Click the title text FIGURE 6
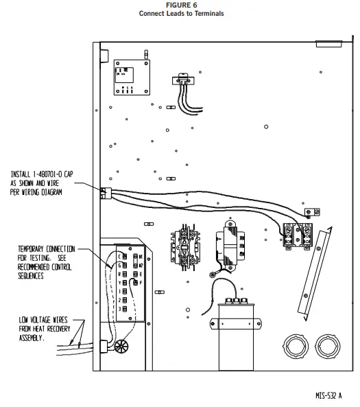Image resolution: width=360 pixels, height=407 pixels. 181,5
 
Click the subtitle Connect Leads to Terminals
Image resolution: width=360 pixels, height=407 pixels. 181,13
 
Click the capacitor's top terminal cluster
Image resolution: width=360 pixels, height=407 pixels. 236,301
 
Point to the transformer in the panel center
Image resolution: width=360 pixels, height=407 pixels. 230,245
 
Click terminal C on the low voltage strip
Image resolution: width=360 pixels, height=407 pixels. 121,256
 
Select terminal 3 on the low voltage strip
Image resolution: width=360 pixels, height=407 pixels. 121,310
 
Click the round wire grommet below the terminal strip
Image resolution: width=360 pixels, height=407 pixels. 122,347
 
